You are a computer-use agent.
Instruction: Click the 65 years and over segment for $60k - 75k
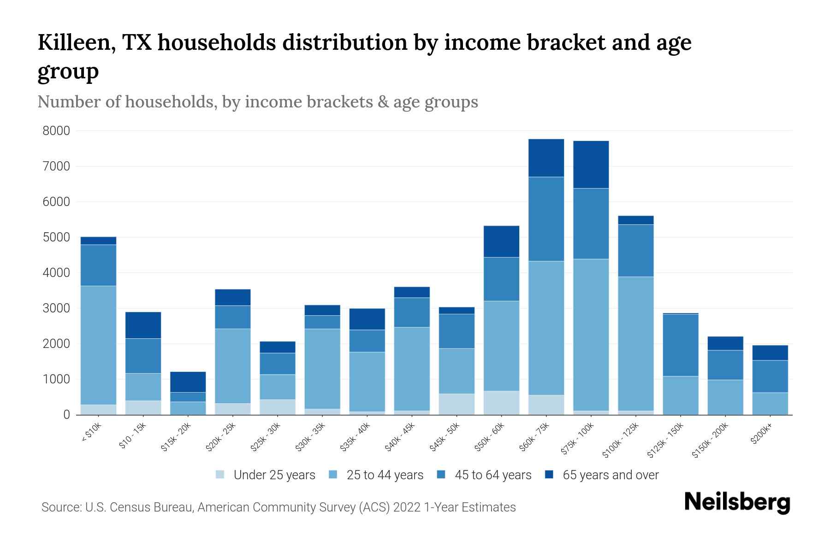tap(546, 158)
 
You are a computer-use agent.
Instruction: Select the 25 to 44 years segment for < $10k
tap(98, 345)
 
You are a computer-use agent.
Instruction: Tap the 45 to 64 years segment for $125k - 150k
tap(680, 345)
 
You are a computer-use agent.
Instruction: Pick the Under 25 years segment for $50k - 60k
tap(501, 403)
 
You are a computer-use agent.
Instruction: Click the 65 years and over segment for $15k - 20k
tap(188, 382)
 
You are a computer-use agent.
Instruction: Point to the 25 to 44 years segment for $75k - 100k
tap(591, 335)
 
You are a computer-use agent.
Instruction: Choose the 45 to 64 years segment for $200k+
tap(770, 377)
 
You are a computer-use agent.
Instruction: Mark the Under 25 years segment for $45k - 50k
tap(456, 404)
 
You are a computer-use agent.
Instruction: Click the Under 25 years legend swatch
tap(220, 475)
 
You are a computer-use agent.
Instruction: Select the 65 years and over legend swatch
tap(549, 475)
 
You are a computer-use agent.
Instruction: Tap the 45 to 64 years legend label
tap(493, 475)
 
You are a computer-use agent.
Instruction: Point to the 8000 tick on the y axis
tap(56, 131)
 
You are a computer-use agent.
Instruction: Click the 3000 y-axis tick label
tap(56, 308)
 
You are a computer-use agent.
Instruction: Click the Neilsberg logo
tap(737, 503)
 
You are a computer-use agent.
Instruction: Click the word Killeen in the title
tap(76, 42)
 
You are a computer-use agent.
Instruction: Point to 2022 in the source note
tap(407, 507)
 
